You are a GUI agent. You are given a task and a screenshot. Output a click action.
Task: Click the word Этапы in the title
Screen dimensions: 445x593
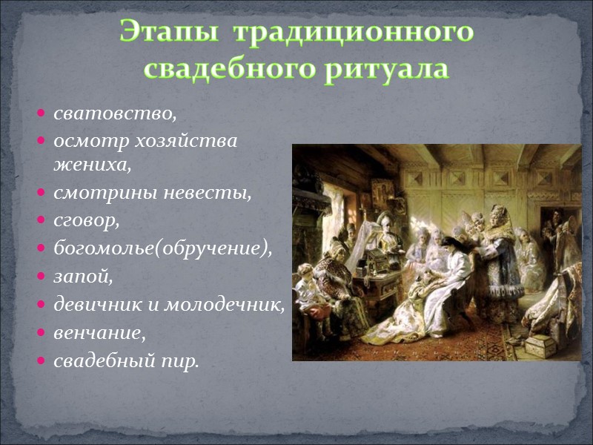coord(164,33)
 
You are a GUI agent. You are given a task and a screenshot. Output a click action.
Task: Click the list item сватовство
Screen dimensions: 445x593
coord(115,114)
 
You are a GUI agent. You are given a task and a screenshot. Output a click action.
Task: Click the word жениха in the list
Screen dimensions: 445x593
coord(90,165)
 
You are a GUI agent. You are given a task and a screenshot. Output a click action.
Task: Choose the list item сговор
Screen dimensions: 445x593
coord(86,221)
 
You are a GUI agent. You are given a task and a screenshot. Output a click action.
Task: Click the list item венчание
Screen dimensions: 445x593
coord(99,333)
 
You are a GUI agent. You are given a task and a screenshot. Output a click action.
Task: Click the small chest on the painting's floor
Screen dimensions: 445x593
coord(539,344)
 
